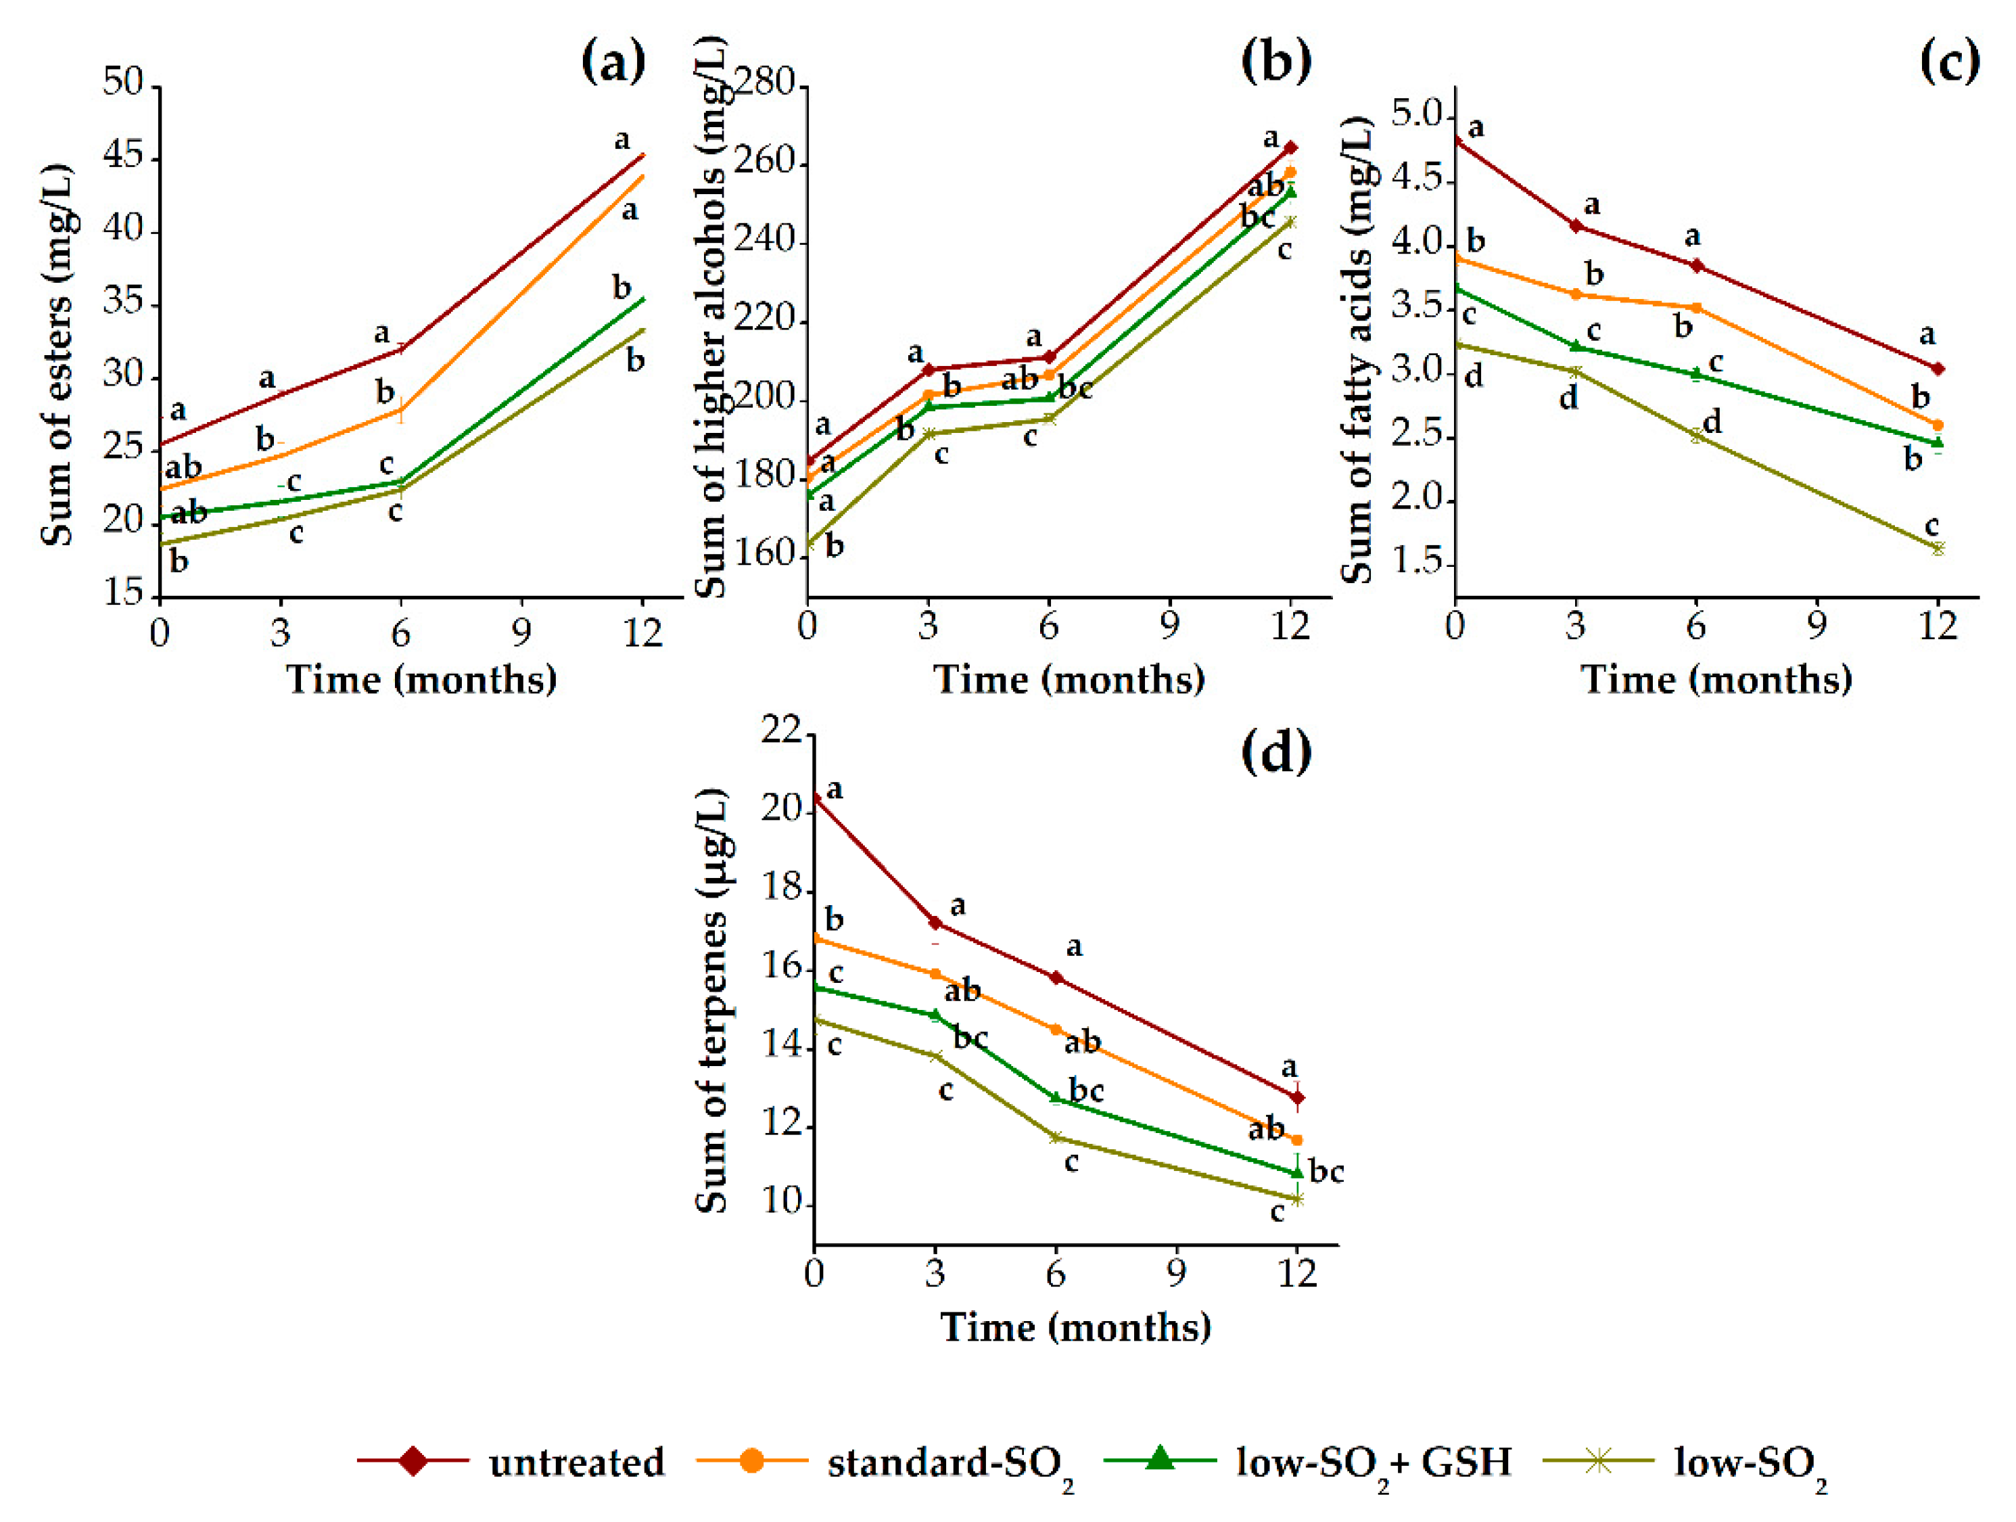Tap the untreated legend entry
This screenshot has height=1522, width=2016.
tap(511, 1462)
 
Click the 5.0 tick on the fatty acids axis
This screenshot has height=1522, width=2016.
tap(1418, 115)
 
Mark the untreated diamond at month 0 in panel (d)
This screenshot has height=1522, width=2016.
tap(816, 798)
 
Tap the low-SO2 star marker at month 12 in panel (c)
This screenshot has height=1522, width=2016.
tap(1938, 548)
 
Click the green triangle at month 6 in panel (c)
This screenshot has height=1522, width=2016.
tap(1696, 373)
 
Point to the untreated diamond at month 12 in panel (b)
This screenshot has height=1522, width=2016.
tap(1290, 147)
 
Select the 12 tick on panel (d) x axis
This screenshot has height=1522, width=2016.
tap(1297, 1272)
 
